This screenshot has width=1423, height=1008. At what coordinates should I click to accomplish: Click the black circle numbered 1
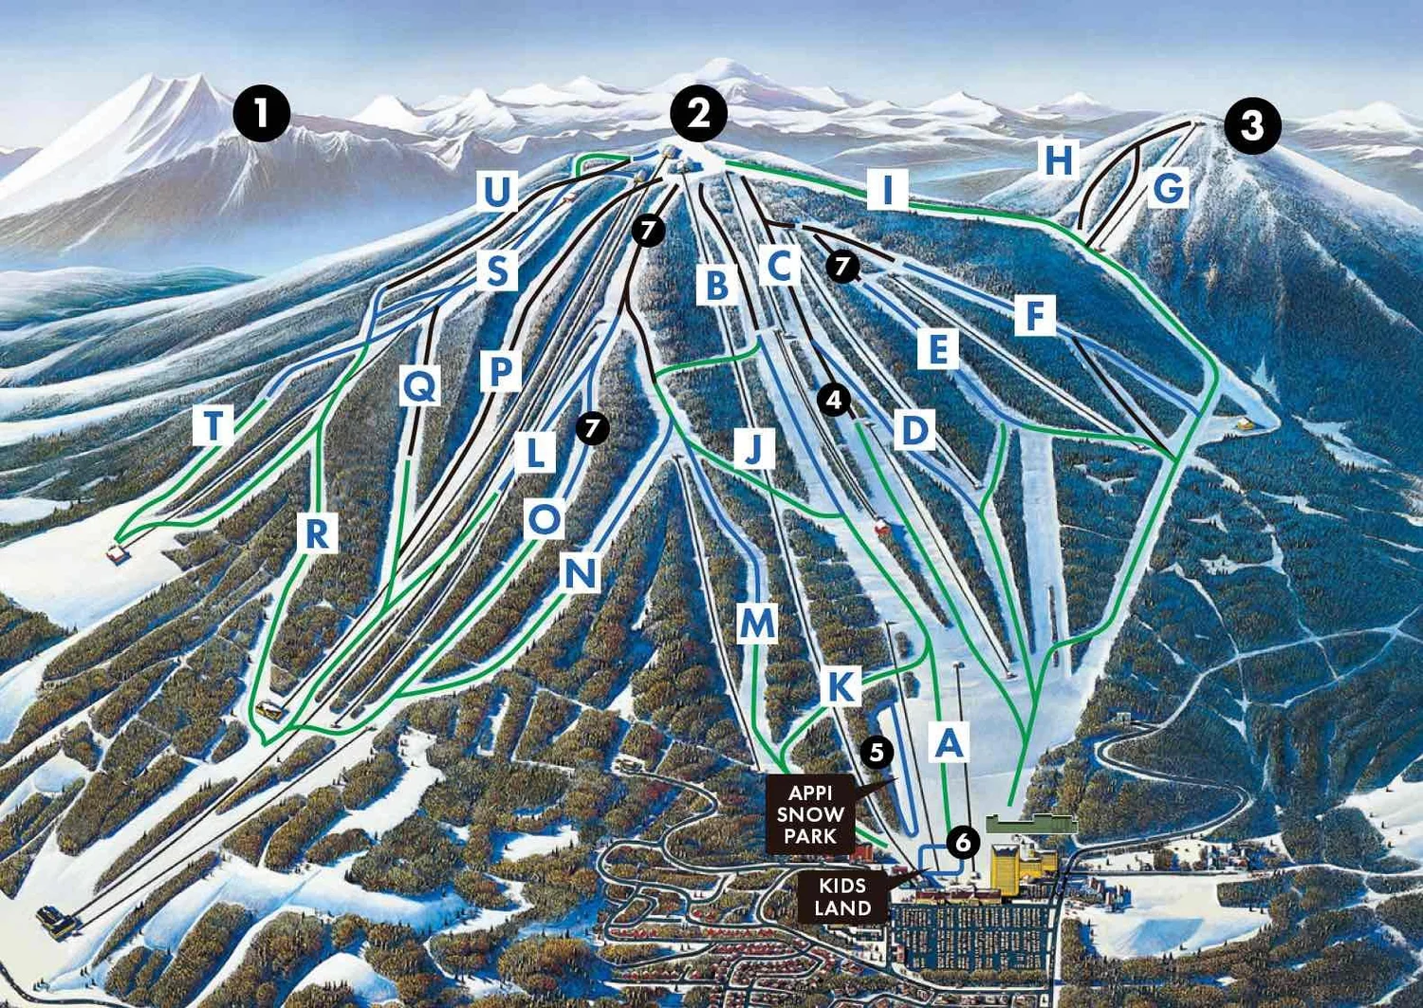pyautogui.click(x=262, y=114)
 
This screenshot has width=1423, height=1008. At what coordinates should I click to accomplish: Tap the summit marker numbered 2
pyautogui.click(x=698, y=114)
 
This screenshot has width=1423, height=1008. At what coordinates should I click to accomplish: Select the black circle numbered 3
pyautogui.click(x=1252, y=125)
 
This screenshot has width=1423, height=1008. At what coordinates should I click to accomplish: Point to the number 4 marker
pyautogui.click(x=834, y=400)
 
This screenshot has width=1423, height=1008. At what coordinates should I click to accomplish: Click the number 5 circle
pyautogui.click(x=877, y=753)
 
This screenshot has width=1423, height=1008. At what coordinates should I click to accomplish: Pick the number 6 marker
pyautogui.click(x=963, y=841)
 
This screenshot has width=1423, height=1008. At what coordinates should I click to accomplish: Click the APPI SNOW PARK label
pyautogui.click(x=810, y=814)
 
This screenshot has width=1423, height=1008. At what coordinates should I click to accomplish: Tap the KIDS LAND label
pyautogui.click(x=841, y=897)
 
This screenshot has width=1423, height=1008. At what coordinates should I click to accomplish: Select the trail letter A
pyautogui.click(x=949, y=741)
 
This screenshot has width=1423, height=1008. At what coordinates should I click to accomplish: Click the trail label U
pyautogui.click(x=497, y=192)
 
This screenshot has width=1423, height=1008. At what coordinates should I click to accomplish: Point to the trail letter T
pyautogui.click(x=213, y=425)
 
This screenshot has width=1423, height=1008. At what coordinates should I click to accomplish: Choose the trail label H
pyautogui.click(x=1059, y=159)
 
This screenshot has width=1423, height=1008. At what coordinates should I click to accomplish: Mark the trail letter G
pyautogui.click(x=1169, y=188)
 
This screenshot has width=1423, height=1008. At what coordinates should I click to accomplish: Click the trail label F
pyautogui.click(x=1034, y=315)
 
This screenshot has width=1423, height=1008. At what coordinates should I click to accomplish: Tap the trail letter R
pyautogui.click(x=317, y=533)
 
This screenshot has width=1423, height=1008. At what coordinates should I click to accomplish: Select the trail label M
pyautogui.click(x=757, y=624)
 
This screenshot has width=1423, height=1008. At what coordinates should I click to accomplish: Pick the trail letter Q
pyautogui.click(x=419, y=385)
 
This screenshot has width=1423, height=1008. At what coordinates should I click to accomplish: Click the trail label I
pyautogui.click(x=888, y=190)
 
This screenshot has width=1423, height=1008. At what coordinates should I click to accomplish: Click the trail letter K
pyautogui.click(x=841, y=685)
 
